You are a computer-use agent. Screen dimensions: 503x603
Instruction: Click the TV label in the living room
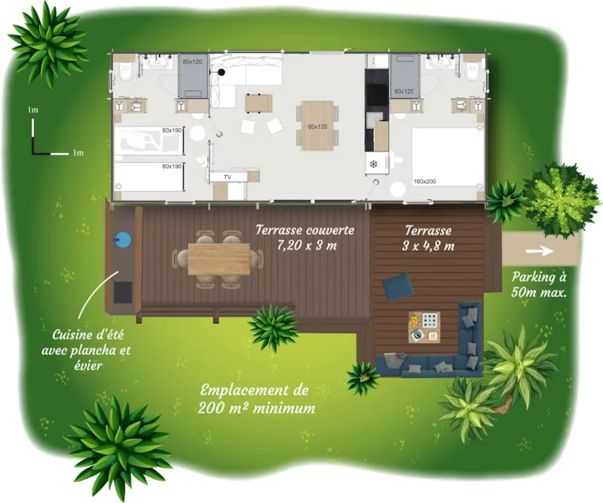point(225,176)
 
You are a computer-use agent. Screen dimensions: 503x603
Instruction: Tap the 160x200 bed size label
point(424,181)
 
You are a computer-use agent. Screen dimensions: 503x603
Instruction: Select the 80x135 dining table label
point(317,127)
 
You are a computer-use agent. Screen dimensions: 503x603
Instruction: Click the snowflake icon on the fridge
point(373,164)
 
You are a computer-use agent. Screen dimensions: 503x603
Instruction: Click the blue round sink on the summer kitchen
point(122,241)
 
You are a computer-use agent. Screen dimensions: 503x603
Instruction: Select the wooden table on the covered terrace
point(219,259)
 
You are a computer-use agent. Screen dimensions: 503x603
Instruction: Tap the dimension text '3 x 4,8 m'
point(428,245)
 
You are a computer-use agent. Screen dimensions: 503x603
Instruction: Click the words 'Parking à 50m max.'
point(538,284)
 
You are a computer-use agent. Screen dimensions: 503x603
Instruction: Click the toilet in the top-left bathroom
point(125,73)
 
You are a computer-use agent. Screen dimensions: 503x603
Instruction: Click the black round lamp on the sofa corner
point(222,72)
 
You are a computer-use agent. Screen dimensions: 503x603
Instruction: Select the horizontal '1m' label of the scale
point(78,152)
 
